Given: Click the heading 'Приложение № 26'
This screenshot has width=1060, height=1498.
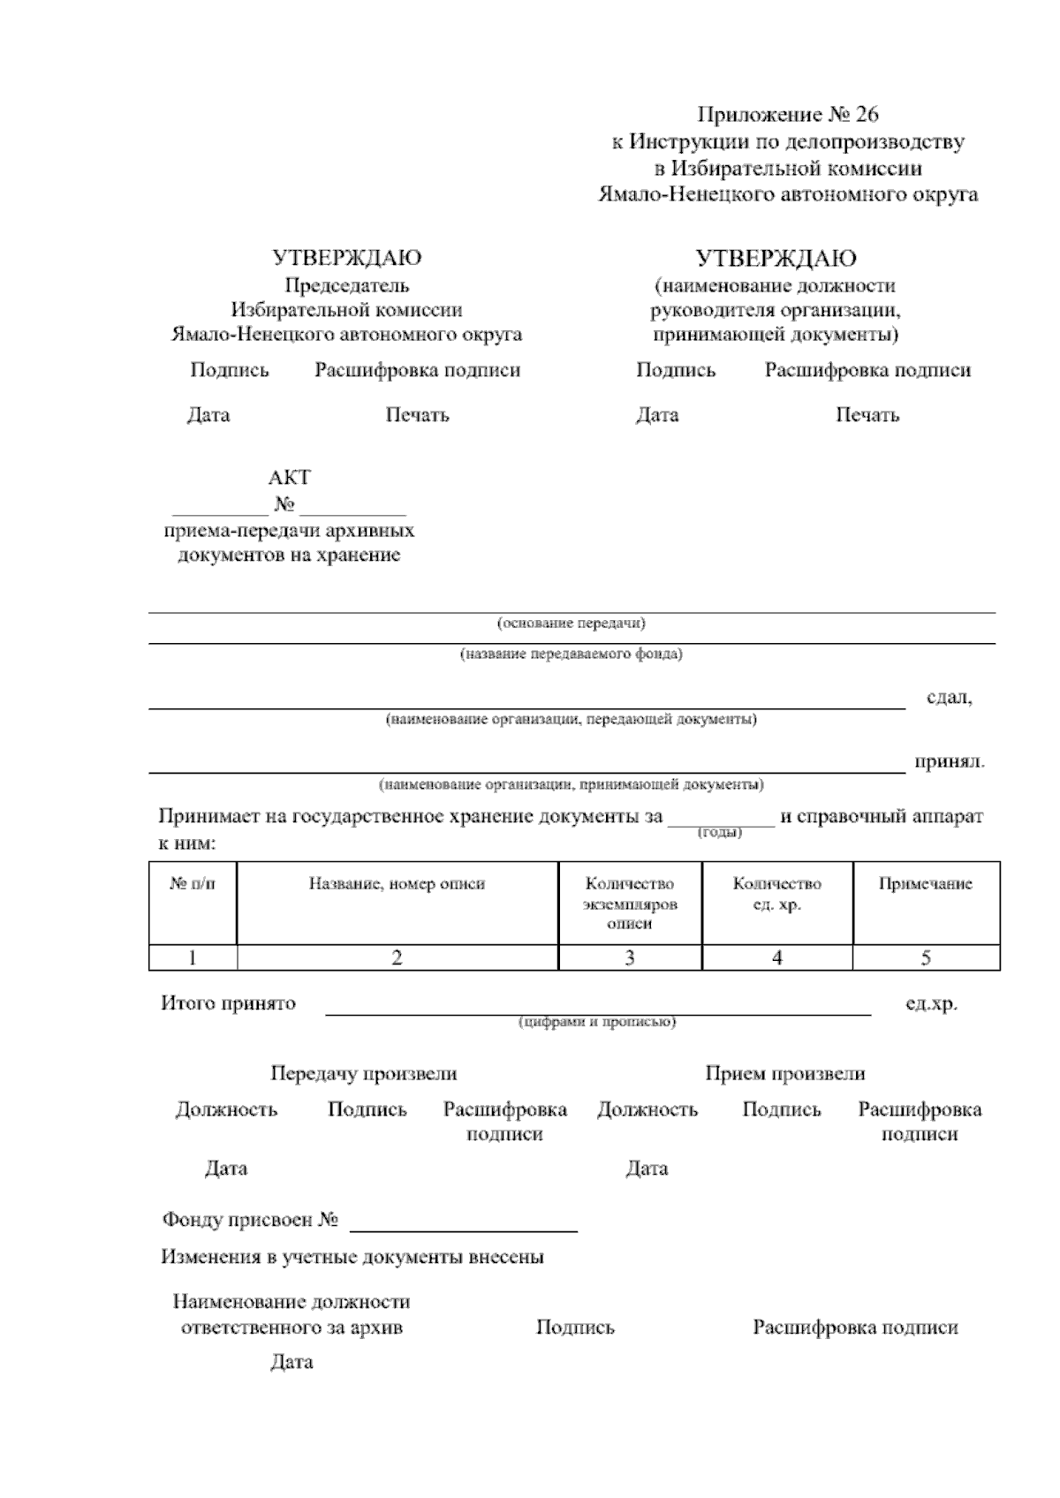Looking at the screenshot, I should click(788, 115).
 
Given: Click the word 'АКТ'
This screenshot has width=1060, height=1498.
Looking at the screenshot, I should click(289, 478).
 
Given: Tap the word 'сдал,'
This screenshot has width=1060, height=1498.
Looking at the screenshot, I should click(949, 698).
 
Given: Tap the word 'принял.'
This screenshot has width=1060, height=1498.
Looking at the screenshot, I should click(949, 761).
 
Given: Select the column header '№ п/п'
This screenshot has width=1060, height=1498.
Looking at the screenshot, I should click(192, 883).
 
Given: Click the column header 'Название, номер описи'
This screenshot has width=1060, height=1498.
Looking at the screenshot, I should click(397, 883).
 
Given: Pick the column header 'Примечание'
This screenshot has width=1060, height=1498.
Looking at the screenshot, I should click(925, 883).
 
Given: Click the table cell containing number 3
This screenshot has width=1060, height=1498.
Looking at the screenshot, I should click(629, 957).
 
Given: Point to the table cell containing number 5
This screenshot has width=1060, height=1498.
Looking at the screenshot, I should click(925, 957).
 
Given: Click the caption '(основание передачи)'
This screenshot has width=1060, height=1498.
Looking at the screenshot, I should click(571, 624).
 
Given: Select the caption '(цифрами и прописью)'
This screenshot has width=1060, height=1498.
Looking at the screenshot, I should click(597, 1022).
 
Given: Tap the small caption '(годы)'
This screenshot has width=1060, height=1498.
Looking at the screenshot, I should click(720, 833).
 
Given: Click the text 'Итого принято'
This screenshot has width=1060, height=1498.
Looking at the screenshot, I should click(228, 1003).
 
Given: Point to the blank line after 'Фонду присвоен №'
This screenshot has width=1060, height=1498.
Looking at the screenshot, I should click(464, 1222).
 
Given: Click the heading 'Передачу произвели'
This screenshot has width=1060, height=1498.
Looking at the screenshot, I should click(363, 1074).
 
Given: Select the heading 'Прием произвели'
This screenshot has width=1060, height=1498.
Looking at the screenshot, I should click(784, 1074).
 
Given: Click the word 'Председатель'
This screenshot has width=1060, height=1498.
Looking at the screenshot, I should click(346, 285).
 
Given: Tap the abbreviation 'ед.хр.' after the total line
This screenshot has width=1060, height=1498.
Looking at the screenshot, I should click(931, 1004).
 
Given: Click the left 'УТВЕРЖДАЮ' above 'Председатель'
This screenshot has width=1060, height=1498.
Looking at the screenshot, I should click(346, 258).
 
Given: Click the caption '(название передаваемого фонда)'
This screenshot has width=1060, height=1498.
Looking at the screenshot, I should click(571, 654).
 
